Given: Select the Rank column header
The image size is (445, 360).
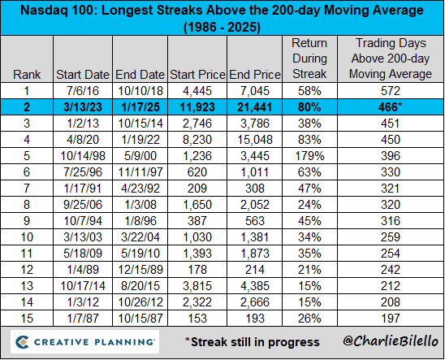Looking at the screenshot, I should point(27,75).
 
